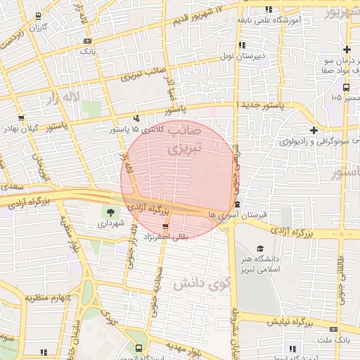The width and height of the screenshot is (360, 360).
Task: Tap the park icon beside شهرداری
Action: pyautogui.click(x=110, y=212)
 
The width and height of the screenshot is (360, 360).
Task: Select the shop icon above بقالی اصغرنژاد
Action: pyautogui.click(x=165, y=226)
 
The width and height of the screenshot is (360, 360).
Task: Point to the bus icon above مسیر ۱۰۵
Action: pyautogui.click(x=347, y=87)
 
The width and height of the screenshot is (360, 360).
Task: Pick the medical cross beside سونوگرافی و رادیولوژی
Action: pyautogui.click(x=314, y=130)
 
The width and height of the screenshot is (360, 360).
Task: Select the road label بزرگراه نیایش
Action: pyautogui.click(x=290, y=323)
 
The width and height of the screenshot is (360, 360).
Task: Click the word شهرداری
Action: pyautogui.click(x=110, y=224)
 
